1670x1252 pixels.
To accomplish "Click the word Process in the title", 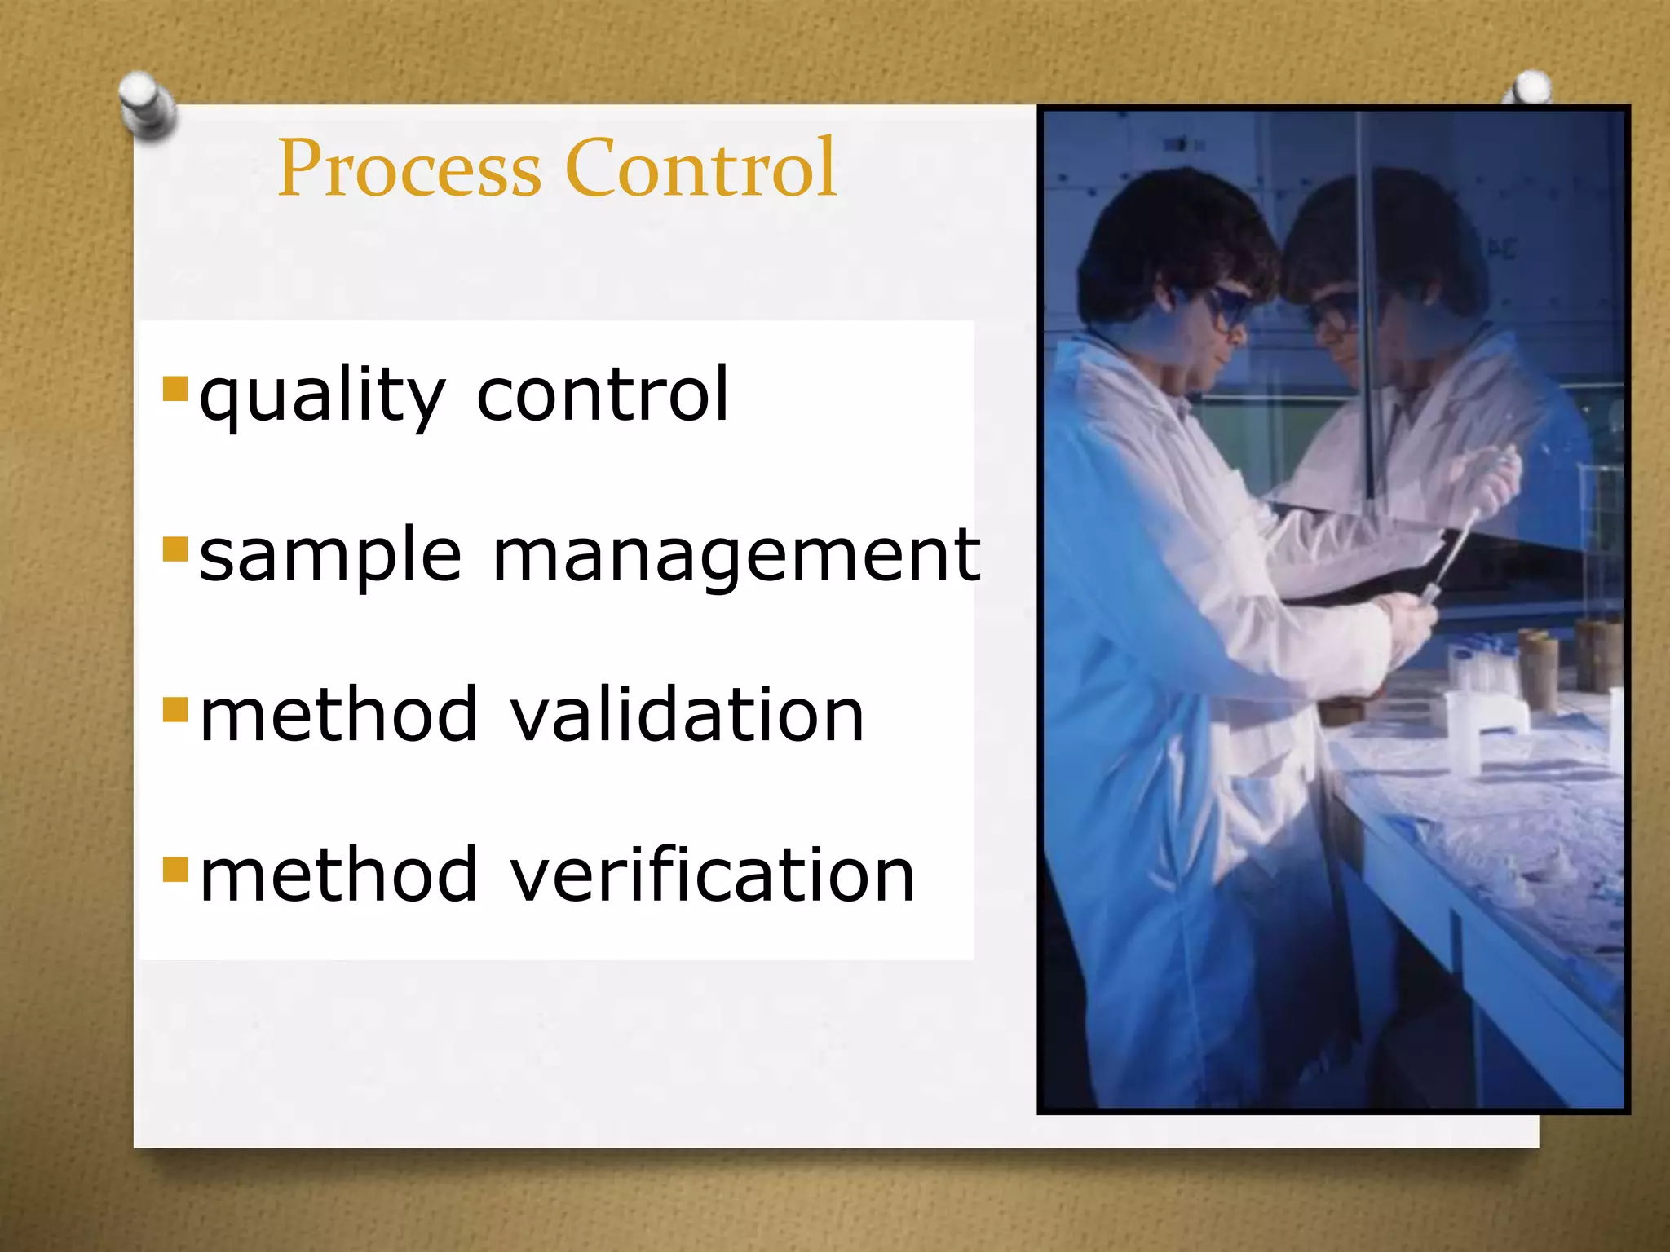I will point(409,170).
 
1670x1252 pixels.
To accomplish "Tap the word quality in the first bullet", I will point(322,396).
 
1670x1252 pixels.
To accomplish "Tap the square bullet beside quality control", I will point(175,389).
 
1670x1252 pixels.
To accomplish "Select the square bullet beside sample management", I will point(175,549).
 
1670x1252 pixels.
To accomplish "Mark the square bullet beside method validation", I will point(175,709).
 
